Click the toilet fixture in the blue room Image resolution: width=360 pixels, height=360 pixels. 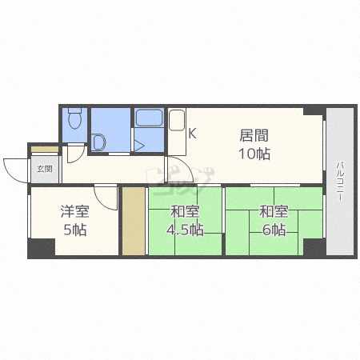click(x=74, y=118)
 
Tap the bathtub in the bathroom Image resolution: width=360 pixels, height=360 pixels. click(x=149, y=118)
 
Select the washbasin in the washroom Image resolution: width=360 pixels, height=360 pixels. click(x=98, y=142)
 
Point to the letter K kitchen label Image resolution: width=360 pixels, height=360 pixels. click(x=192, y=134)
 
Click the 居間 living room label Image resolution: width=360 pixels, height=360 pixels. click(x=254, y=135)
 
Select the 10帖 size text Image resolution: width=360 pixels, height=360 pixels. click(x=254, y=154)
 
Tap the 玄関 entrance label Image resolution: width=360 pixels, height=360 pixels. click(x=44, y=169)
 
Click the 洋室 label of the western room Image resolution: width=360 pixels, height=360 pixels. click(x=74, y=211)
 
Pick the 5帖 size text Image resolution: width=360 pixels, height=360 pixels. click(x=75, y=230)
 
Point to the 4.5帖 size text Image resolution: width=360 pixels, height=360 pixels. click(x=186, y=230)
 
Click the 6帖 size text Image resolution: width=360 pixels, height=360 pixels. click(x=274, y=230)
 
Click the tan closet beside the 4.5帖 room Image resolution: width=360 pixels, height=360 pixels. click(x=134, y=221)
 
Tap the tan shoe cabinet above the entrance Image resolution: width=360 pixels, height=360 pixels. click(x=45, y=150)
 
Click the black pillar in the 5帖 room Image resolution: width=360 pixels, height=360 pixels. click(x=42, y=248)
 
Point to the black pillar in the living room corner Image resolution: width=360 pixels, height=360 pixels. click(x=315, y=110)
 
